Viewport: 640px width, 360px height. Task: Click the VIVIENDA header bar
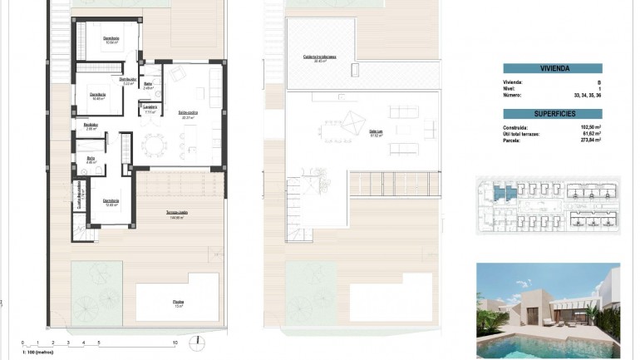tap(553, 69)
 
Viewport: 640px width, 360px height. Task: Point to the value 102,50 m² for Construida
tap(591, 127)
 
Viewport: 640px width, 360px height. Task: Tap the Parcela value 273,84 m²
tap(591, 141)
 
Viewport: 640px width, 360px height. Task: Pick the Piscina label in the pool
tap(179, 303)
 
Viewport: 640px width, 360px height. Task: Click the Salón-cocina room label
tap(188, 115)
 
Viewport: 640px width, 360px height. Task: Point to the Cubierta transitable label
tap(319, 57)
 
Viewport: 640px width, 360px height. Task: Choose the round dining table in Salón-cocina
tap(153, 145)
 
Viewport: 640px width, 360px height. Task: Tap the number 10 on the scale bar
tap(175, 343)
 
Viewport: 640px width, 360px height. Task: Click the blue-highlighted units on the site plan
tap(500, 194)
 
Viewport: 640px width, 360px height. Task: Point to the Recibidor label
tap(92, 126)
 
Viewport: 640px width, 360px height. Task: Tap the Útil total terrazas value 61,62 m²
tap(591, 134)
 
